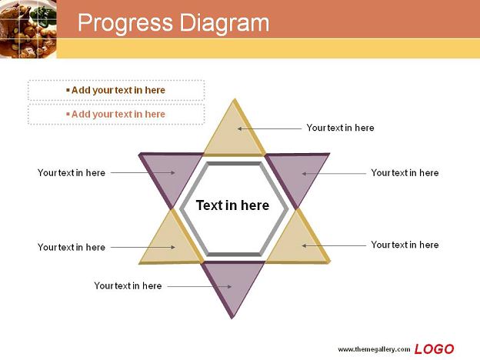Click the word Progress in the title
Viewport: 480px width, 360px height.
[125, 23]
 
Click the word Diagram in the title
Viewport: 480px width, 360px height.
[225, 23]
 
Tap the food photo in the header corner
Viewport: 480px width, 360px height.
[28, 28]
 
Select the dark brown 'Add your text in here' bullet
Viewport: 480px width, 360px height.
[115, 90]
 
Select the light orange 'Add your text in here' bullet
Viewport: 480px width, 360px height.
[115, 114]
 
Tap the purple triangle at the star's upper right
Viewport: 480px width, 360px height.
[297, 174]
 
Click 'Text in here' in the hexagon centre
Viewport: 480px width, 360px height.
[232, 205]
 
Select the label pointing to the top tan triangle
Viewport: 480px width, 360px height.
[340, 128]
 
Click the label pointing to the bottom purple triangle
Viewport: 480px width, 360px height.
[128, 285]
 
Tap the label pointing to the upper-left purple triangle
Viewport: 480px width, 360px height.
[72, 172]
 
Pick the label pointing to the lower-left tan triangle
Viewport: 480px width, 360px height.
[72, 247]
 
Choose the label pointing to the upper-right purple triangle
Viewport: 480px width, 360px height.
[405, 172]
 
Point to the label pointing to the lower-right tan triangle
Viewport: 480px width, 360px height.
[405, 245]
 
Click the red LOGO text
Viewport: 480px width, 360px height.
[434, 349]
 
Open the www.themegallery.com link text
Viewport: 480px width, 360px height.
[374, 349]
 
